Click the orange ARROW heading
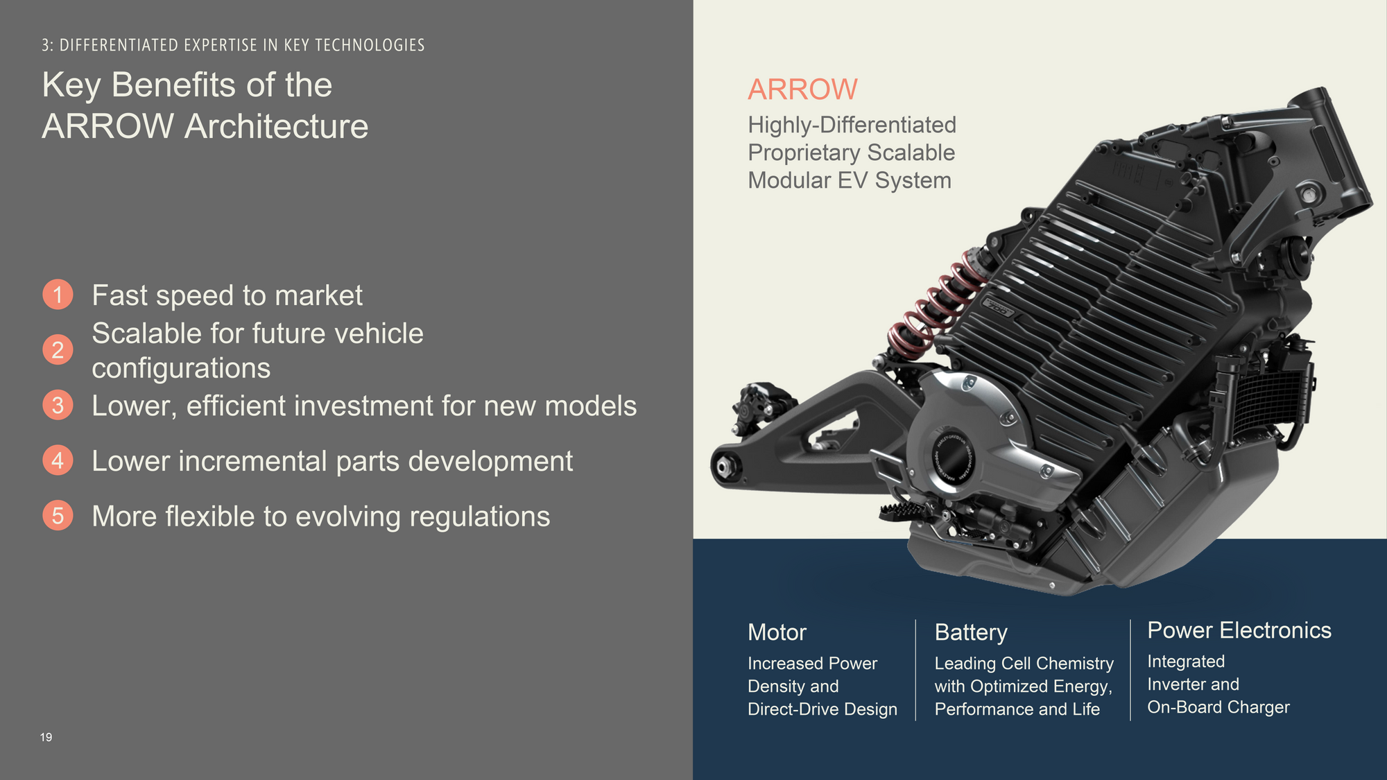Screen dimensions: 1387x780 [x=802, y=89]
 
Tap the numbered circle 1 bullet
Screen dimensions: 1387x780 [x=58, y=295]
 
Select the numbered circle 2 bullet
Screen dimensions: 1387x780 [x=58, y=349]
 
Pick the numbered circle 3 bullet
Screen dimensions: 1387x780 [x=58, y=405]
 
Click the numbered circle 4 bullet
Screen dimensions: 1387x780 [x=58, y=460]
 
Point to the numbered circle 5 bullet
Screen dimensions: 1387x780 [x=58, y=516]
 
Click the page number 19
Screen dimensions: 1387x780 [x=46, y=737]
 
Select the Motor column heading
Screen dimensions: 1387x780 [x=777, y=632]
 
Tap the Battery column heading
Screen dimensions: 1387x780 [x=971, y=632]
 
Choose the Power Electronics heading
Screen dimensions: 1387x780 [x=1239, y=630]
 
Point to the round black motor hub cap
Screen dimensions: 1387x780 [x=953, y=458]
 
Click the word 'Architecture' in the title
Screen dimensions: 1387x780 [x=276, y=126]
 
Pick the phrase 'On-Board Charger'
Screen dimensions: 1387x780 [x=1218, y=707]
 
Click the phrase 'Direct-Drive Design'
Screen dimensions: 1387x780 [x=822, y=709]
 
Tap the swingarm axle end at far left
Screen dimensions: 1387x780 [x=723, y=467]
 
